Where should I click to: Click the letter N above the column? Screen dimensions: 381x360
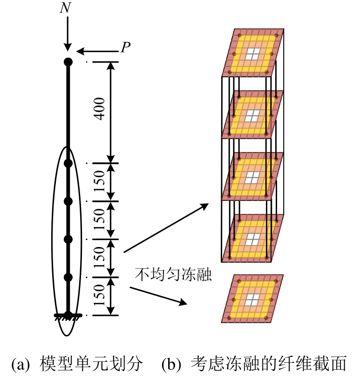coord(65,8)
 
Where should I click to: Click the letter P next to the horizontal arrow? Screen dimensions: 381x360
coord(125,47)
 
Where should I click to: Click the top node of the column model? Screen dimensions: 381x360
coord(68,61)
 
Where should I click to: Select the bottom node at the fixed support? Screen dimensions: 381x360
coord(68,314)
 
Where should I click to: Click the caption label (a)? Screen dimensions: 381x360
coord(23,364)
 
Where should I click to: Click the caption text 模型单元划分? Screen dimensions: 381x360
coord(90,364)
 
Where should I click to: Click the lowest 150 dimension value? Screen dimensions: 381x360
coord(100,296)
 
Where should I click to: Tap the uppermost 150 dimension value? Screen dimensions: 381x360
coord(100,182)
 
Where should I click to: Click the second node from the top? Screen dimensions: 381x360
coord(68,163)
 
